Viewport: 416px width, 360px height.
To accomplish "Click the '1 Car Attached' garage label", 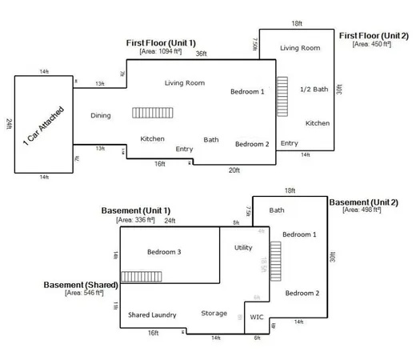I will coord(44,125).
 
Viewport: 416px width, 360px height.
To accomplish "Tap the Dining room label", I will coord(100,116).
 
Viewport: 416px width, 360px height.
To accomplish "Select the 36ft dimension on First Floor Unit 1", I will coord(201,54).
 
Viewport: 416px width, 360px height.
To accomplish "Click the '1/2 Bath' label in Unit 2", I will coord(314,89).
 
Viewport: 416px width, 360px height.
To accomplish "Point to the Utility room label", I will coord(243,248).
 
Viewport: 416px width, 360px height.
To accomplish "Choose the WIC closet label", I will coord(257,317).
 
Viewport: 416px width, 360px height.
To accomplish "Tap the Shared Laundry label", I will coord(152,315).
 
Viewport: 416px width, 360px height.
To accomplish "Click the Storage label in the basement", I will coord(214,314).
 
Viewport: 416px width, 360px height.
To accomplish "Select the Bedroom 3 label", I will coord(164,252).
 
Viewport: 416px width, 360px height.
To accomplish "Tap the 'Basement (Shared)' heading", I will coord(81,285).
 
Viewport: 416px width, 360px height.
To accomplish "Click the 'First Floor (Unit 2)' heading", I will coord(374,36).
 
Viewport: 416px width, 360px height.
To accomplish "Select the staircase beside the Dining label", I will coord(148,113).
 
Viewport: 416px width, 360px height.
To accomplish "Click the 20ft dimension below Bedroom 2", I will coord(234,170).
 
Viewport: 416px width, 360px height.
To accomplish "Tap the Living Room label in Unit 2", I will coord(300,48).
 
